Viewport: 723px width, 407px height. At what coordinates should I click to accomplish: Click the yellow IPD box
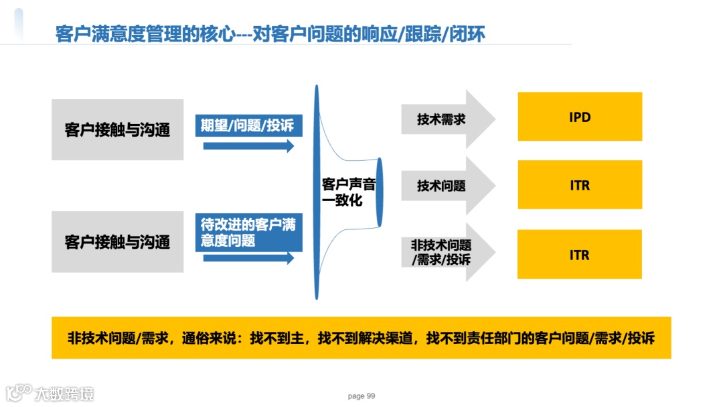coord(580,117)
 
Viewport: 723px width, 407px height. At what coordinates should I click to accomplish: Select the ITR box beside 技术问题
coord(580,185)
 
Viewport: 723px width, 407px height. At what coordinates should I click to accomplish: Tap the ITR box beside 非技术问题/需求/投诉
coord(580,255)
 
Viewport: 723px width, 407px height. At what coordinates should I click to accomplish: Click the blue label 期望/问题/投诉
coord(248,125)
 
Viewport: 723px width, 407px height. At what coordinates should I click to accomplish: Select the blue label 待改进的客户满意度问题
coord(248,232)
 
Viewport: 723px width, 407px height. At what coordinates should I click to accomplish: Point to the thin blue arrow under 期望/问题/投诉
coord(248,146)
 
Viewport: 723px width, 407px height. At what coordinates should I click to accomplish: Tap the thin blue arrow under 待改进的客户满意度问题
coord(248,257)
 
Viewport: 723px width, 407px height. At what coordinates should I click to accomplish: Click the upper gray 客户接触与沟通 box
coord(118,129)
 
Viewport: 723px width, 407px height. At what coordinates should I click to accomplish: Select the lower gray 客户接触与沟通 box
coord(118,241)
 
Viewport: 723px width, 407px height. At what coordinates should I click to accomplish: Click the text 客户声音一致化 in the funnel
coord(347,192)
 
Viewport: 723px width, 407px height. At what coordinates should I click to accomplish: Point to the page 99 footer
coord(361,396)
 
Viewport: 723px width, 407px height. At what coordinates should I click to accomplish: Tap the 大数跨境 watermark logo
coord(50,393)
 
